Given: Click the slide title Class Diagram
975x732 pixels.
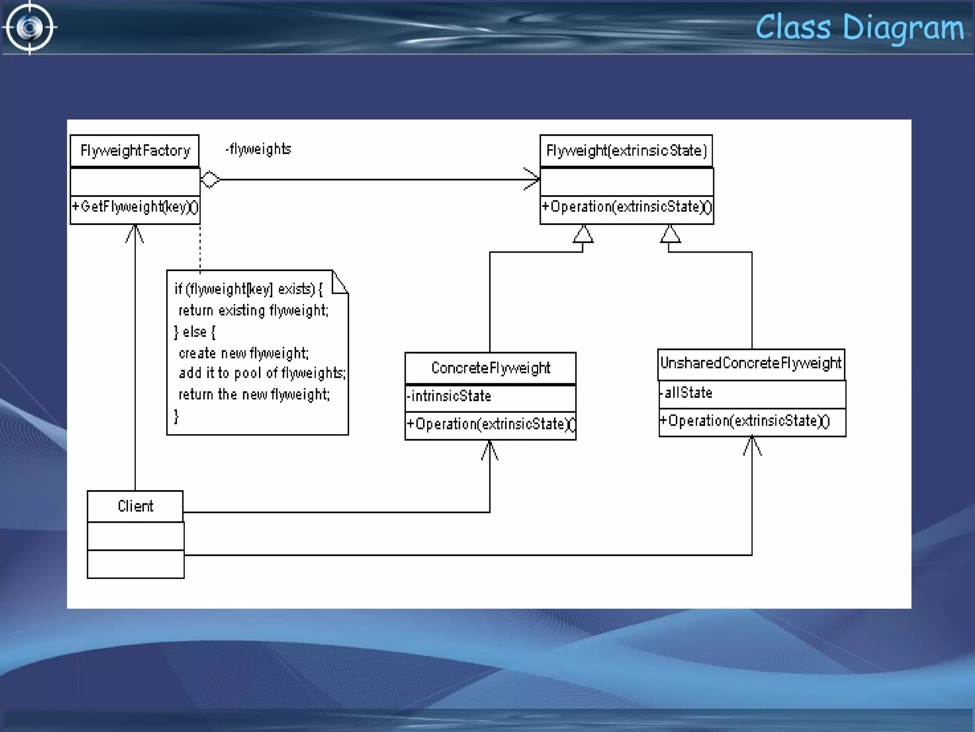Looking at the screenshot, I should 859,28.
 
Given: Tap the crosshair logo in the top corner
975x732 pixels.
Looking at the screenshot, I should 30,28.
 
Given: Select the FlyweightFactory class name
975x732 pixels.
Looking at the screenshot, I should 135,151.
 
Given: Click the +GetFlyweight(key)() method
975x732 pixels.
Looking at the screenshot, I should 135,207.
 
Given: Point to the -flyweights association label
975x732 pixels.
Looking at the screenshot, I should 259,149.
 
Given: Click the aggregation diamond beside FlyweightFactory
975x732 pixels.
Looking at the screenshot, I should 210,180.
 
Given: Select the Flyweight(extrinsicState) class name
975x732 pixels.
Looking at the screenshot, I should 626,151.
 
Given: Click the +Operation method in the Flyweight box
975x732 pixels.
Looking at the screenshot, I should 626,207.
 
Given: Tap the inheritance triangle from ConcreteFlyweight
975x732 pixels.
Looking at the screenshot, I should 583,234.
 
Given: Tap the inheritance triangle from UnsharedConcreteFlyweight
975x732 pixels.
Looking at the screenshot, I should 670,234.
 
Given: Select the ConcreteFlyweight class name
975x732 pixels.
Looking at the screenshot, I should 490,368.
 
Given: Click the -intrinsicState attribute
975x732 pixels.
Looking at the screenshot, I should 449,396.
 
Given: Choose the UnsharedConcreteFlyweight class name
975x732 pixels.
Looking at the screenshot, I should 751,363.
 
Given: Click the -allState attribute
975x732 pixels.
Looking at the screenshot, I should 686,393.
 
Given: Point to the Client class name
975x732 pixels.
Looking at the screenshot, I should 135,506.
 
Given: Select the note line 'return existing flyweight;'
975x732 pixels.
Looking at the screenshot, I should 253,311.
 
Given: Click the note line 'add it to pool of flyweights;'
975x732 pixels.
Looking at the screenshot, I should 262,373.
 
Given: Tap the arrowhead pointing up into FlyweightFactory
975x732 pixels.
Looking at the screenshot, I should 135,234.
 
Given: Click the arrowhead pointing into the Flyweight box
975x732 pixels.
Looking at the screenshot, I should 532,179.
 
